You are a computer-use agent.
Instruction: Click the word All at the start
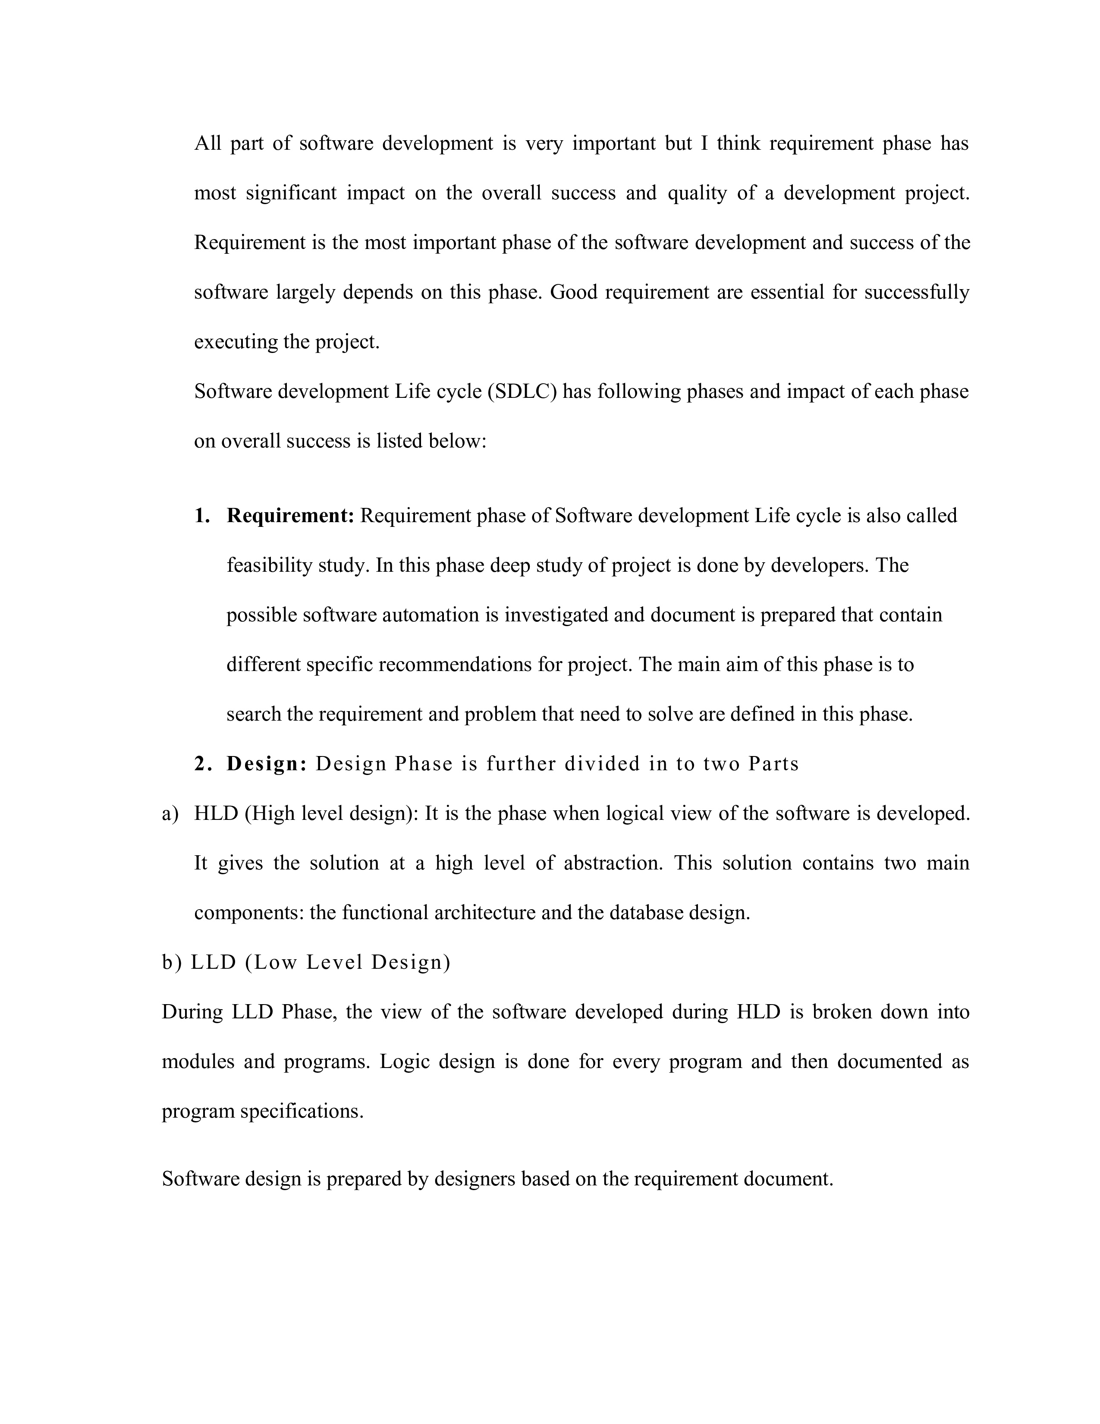[x=208, y=143]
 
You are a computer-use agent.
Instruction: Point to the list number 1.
[x=202, y=516]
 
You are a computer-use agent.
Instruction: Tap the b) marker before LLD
[x=172, y=962]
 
